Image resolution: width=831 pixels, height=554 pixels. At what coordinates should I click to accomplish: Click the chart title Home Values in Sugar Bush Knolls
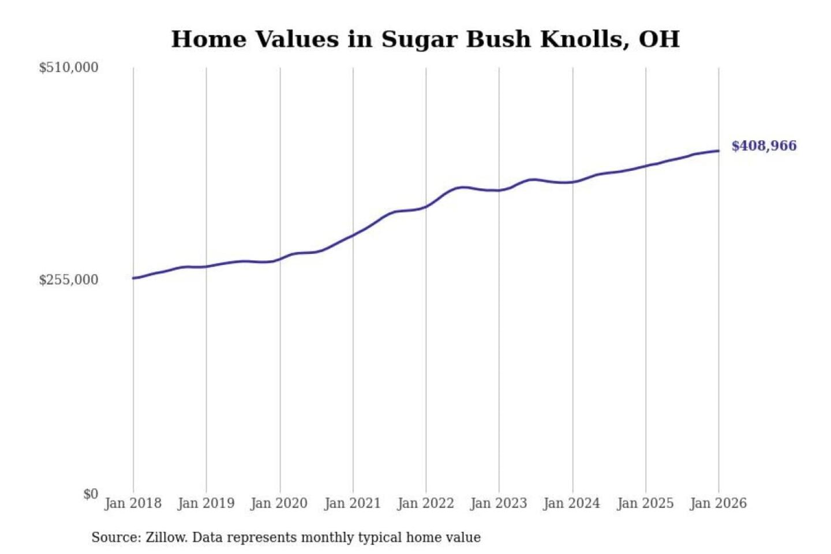(425, 39)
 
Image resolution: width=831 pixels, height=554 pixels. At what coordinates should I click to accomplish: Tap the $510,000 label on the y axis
(69, 68)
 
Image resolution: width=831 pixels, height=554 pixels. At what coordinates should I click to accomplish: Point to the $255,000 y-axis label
(69, 280)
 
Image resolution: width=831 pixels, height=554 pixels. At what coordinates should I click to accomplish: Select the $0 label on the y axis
(91, 494)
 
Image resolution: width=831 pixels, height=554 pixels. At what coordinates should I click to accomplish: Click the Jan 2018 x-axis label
(133, 503)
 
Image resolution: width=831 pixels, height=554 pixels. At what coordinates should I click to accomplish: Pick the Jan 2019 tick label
(206, 503)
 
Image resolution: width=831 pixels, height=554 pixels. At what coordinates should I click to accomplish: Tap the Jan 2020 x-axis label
(279, 503)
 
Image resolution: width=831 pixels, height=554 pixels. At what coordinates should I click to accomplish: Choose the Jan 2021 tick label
(353, 503)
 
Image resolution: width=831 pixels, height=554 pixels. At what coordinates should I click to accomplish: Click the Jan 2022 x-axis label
(426, 503)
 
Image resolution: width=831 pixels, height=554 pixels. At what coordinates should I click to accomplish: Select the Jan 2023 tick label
(499, 503)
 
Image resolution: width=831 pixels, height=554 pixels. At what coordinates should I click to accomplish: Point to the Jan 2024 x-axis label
(572, 503)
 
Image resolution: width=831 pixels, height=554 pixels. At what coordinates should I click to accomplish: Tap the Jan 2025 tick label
(645, 503)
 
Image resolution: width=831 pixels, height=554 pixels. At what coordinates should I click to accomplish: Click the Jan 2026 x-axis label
(718, 503)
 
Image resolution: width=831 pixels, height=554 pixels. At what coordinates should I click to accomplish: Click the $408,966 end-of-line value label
(764, 146)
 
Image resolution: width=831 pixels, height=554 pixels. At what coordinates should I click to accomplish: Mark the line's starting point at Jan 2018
(133, 278)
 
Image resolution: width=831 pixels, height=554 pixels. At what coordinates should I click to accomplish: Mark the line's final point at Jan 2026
(718, 151)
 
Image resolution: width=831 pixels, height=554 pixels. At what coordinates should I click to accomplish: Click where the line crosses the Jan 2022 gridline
(426, 206)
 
